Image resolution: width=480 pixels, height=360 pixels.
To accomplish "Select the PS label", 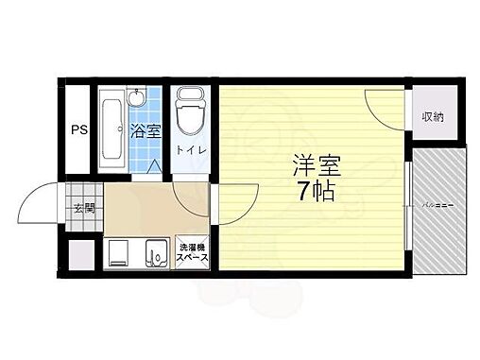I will point(77,130).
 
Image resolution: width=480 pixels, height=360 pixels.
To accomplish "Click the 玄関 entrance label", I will point(83,209).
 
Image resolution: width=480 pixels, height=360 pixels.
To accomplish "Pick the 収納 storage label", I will point(433,116).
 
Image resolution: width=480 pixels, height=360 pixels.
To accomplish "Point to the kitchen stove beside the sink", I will point(120,254).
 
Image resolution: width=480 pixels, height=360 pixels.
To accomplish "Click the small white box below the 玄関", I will point(82,254).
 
